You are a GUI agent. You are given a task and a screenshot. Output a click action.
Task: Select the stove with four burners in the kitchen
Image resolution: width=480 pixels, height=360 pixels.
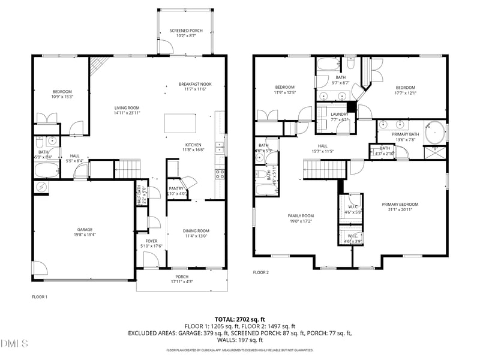pyautogui.click(x=220, y=174)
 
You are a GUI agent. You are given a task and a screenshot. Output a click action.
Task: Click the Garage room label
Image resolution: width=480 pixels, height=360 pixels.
pyautogui.click(x=85, y=229)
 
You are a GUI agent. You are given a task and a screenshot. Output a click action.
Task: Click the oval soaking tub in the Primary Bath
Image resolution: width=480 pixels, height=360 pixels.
pyautogui.click(x=434, y=132)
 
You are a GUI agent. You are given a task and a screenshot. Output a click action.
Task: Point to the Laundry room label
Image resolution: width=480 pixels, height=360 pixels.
pyautogui.click(x=340, y=114)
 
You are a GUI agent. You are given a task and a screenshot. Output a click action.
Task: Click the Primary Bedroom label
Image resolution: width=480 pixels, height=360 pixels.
pyautogui.click(x=400, y=204)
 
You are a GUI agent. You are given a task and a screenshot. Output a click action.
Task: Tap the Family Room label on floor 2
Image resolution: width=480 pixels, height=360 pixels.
pyautogui.click(x=301, y=215)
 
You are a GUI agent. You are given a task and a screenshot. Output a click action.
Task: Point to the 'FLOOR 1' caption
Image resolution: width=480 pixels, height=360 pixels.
pyautogui.click(x=40, y=296)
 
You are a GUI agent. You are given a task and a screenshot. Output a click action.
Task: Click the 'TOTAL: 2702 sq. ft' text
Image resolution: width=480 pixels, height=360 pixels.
pyautogui.click(x=240, y=319)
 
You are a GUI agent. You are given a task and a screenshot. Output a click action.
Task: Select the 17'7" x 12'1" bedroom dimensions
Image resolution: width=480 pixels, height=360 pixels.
pyautogui.click(x=406, y=92)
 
